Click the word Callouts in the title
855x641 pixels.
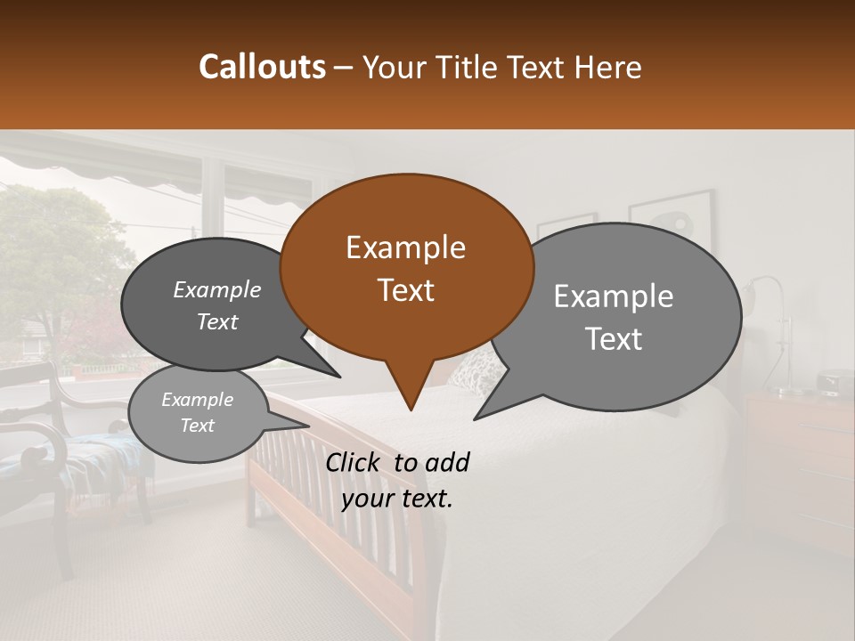click(262, 67)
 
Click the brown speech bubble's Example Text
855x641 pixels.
click(406, 269)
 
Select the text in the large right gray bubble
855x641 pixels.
click(614, 317)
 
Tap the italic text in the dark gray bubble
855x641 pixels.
click(217, 305)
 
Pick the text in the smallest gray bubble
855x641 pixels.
click(197, 412)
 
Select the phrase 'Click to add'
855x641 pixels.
click(397, 463)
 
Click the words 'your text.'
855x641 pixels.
click(397, 499)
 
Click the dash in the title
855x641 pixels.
click(344, 68)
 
